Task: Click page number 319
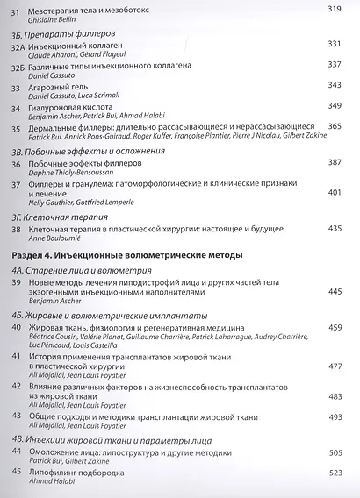pyautogui.click(x=334, y=9)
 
